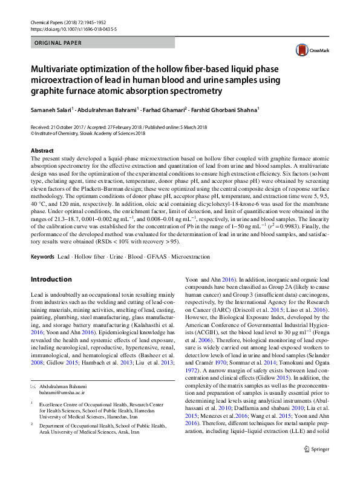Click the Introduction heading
[51, 280]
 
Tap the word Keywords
[42, 257]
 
